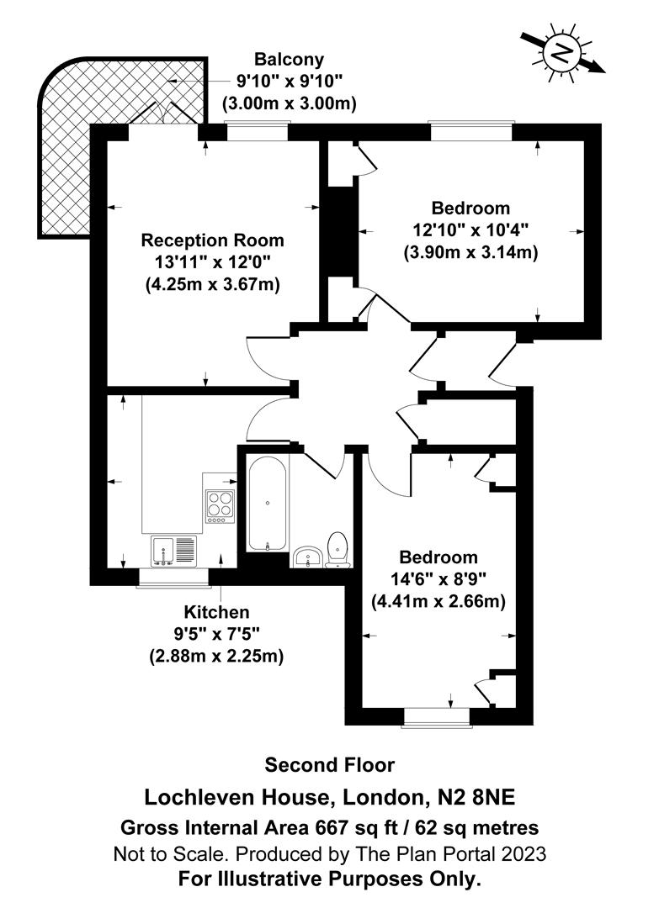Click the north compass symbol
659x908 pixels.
559,53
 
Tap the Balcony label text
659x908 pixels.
290,60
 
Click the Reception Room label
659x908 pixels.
212,240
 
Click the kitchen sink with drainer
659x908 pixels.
173,550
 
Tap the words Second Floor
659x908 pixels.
329,765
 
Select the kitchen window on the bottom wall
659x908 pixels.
173,577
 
